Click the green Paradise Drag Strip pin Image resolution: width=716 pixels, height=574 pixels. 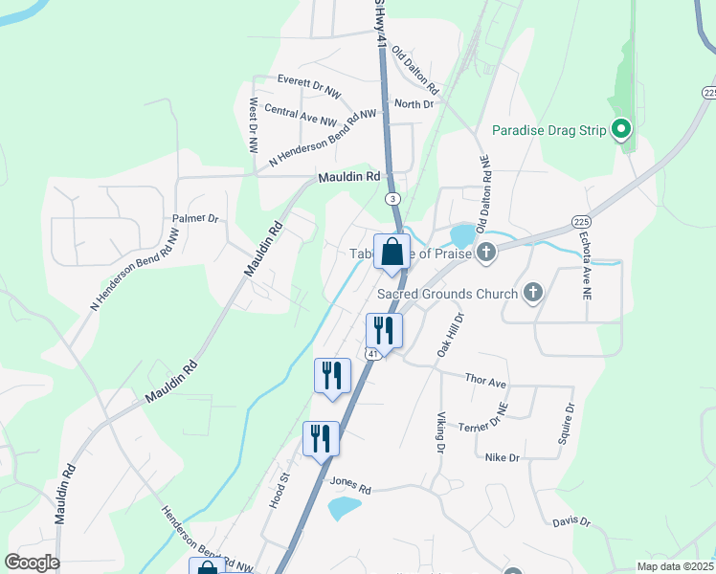[x=621, y=129]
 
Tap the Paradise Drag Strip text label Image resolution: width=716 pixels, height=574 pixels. [x=549, y=130]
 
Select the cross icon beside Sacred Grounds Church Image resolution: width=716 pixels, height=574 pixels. [x=534, y=293]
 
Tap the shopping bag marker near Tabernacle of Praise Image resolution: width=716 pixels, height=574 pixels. [x=392, y=254]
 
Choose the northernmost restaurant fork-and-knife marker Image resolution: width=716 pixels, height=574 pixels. [x=384, y=331]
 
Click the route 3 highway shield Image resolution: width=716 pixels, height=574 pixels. [x=392, y=198]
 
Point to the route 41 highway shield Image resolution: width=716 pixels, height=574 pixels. [x=369, y=355]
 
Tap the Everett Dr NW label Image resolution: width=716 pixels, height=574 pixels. [x=308, y=82]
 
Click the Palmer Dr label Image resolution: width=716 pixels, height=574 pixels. [x=195, y=219]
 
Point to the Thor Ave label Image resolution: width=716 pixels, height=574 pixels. [x=484, y=382]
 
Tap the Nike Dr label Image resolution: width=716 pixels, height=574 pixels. [x=502, y=458]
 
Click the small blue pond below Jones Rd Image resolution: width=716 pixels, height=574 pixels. [x=344, y=507]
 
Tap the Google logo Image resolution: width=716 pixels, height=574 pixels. [x=32, y=563]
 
